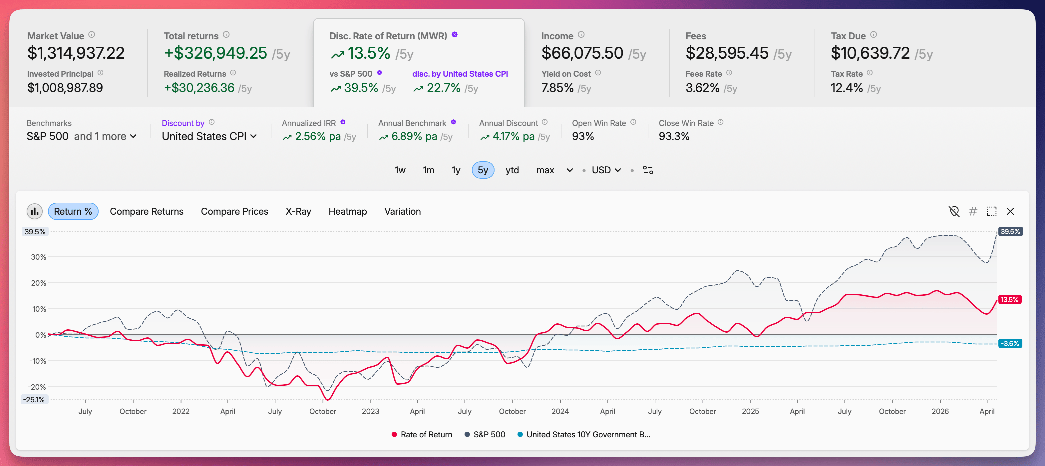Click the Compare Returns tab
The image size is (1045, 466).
click(147, 211)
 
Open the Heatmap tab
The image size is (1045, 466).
click(347, 211)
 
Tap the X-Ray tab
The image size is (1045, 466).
click(298, 211)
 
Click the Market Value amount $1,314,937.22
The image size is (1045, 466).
click(76, 53)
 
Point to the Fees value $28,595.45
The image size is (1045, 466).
click(727, 53)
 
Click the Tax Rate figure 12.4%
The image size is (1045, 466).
click(846, 88)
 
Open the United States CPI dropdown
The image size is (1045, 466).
click(209, 136)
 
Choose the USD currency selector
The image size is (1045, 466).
click(606, 170)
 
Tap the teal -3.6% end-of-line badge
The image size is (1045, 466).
click(1009, 343)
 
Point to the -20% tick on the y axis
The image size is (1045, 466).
click(37, 387)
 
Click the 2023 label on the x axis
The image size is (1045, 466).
click(370, 411)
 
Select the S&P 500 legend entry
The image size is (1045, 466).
click(485, 434)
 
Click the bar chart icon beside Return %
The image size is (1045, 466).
click(35, 211)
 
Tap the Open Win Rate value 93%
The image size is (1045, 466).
click(582, 136)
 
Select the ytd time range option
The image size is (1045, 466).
click(512, 170)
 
